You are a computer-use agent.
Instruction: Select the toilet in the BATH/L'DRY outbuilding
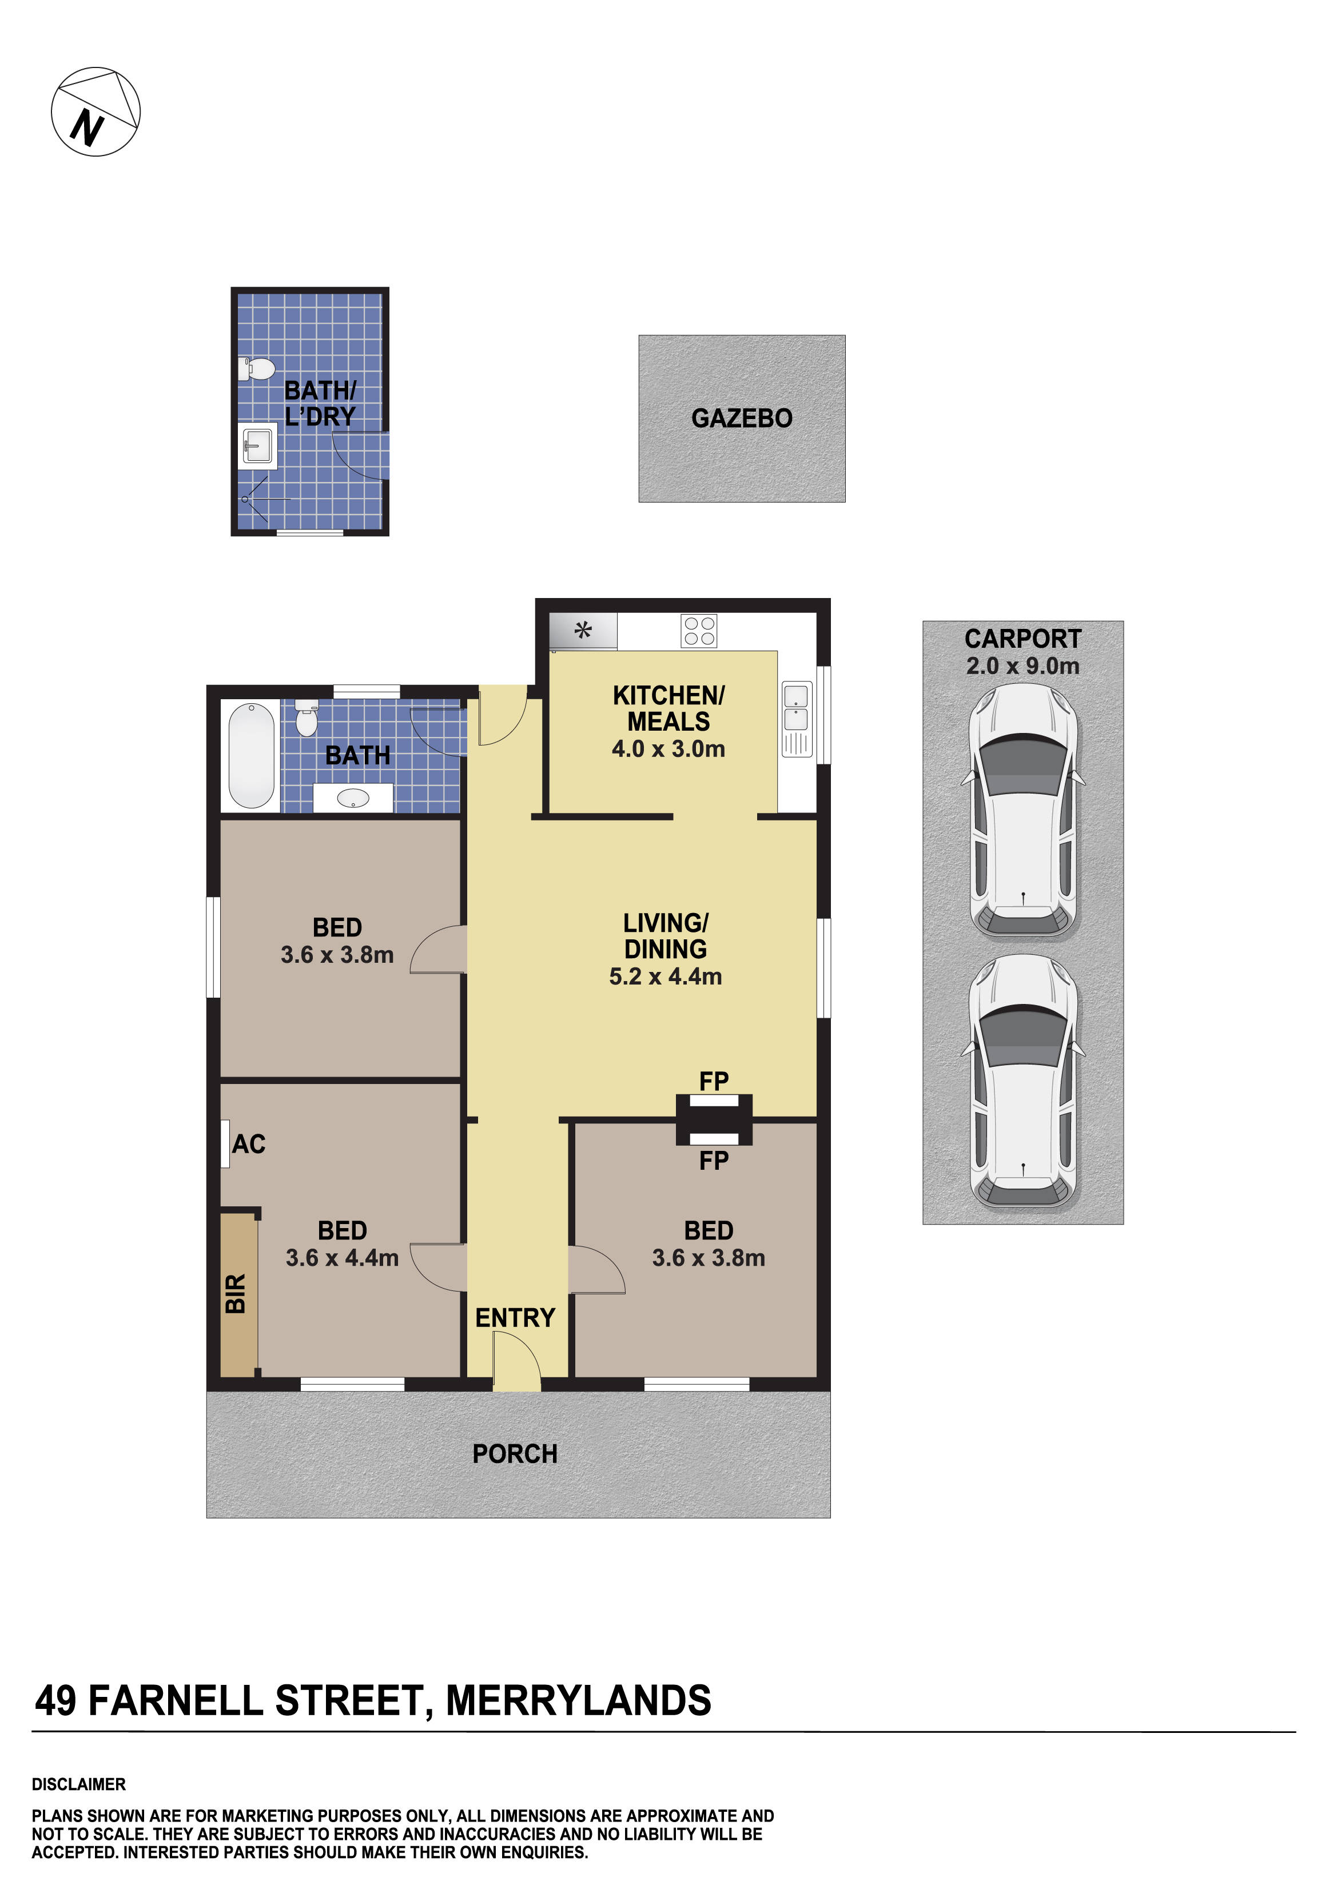click(x=258, y=369)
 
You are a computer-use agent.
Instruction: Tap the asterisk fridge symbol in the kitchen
click(x=583, y=631)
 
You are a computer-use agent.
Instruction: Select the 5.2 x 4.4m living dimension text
click(x=664, y=976)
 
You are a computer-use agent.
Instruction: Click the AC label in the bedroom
click(x=248, y=1143)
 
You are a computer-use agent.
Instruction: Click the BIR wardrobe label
click(x=236, y=1293)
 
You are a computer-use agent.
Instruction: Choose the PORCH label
click(x=514, y=1453)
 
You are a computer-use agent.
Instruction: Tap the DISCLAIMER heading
click(x=78, y=1784)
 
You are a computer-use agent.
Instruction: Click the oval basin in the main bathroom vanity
click(x=353, y=798)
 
